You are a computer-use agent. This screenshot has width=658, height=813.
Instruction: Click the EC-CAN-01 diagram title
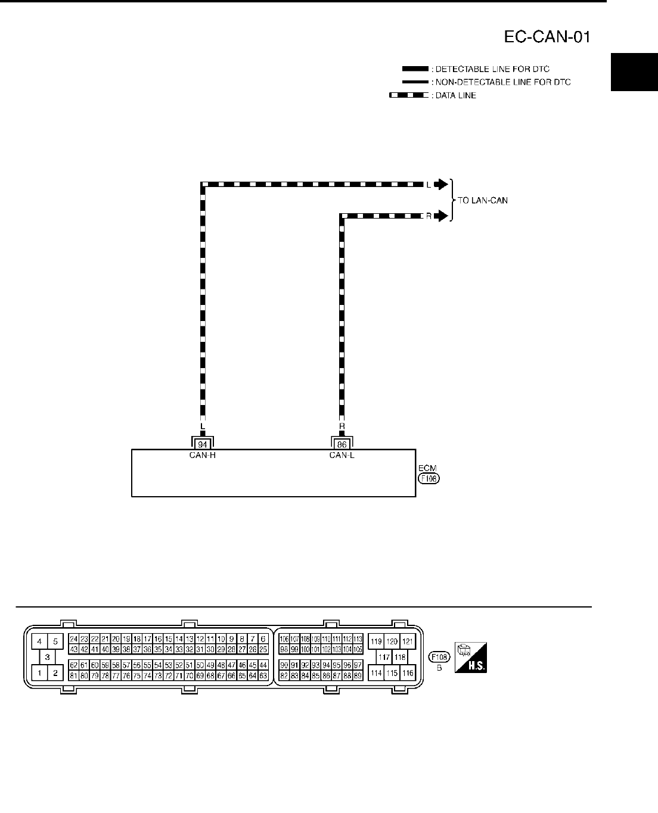tap(547, 38)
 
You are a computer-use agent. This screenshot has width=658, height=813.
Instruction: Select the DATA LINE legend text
tap(454, 95)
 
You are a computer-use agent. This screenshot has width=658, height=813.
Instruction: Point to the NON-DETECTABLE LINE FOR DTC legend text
tap(501, 82)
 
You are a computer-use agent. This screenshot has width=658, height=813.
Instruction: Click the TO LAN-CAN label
tap(483, 201)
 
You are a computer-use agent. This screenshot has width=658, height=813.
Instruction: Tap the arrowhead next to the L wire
tap(440, 185)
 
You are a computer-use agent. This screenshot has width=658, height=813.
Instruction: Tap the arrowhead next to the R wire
tap(440, 217)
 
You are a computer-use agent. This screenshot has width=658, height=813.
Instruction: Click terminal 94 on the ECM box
tap(203, 444)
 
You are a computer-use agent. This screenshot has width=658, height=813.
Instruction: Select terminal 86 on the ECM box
tap(342, 444)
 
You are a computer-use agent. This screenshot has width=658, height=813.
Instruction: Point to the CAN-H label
tap(203, 456)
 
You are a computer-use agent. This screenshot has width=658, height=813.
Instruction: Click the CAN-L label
tap(342, 456)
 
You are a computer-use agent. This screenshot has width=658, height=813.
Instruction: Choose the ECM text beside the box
tap(427, 469)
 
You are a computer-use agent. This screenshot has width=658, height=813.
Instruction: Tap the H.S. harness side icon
tap(471, 657)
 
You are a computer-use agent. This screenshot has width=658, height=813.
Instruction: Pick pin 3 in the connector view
tap(46, 657)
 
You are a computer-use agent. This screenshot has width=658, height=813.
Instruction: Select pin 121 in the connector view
tap(408, 641)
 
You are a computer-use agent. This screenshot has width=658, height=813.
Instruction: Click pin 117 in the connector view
tap(384, 658)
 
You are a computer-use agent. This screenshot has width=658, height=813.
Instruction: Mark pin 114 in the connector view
tap(376, 673)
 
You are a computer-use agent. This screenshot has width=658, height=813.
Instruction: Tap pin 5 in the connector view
tap(55, 641)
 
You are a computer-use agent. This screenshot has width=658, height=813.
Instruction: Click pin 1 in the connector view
tap(39, 673)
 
